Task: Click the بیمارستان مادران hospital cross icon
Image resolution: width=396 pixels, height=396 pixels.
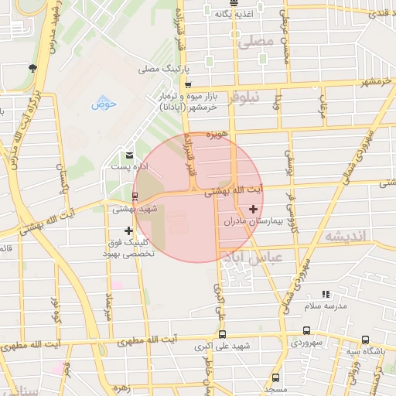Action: click(x=253, y=209)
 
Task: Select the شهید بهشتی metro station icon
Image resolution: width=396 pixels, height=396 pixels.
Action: click(x=136, y=196)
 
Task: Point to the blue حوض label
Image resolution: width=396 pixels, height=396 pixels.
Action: click(x=103, y=103)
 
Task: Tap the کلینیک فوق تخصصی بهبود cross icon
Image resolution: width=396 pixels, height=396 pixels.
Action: click(x=128, y=230)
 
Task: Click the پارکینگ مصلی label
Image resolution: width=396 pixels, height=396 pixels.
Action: click(x=160, y=70)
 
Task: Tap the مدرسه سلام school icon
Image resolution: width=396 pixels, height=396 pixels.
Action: click(x=326, y=294)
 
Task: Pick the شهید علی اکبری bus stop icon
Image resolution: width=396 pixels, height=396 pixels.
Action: click(x=223, y=335)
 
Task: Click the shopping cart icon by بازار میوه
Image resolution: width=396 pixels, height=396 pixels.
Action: click(x=188, y=85)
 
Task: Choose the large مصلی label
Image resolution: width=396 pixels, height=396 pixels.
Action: click(x=257, y=43)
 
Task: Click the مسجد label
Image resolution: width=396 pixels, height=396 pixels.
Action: click(x=275, y=388)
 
